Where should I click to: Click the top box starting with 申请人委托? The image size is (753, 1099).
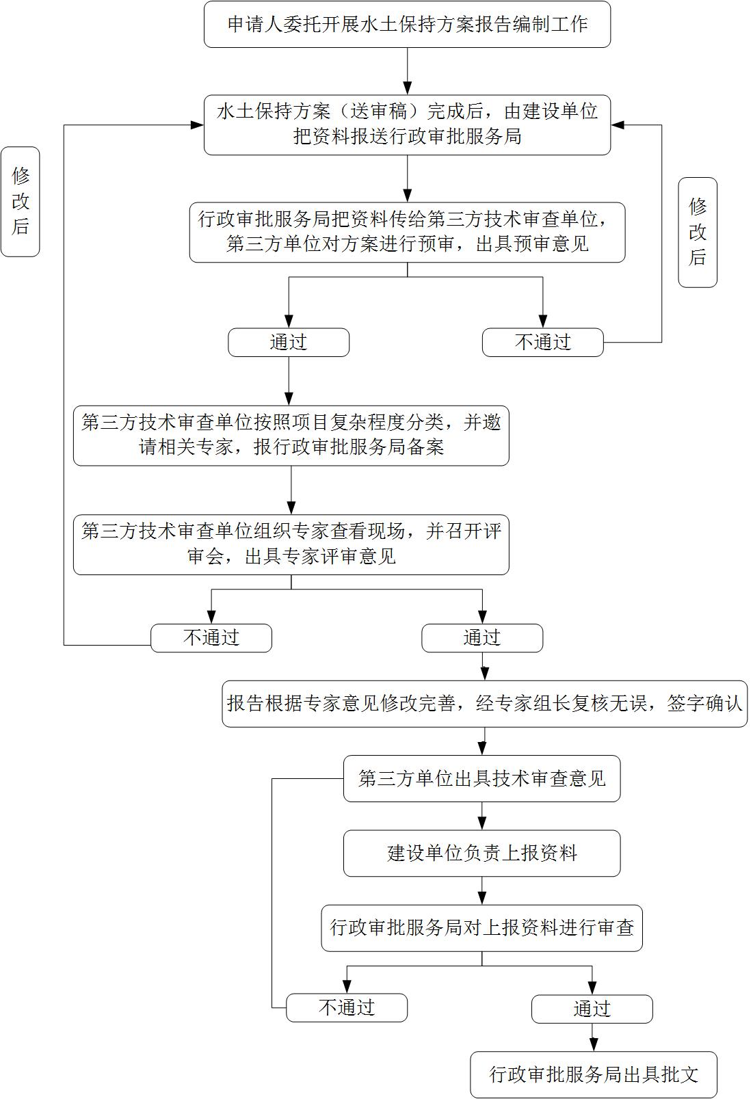coord(407,25)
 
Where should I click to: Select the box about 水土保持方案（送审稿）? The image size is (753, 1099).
coord(407,124)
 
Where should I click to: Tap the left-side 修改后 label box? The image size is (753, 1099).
coord(21,201)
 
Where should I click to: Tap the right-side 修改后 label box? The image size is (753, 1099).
coord(697,232)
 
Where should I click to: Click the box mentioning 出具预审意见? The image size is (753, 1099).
coord(407,233)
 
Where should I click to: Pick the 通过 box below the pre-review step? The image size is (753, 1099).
coord(289,343)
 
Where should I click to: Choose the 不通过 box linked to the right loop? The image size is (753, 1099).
coord(542,343)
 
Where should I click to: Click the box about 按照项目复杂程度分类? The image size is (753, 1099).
coord(291,435)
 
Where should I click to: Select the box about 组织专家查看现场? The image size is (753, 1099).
coord(291,544)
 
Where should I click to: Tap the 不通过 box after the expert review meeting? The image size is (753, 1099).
coord(211,638)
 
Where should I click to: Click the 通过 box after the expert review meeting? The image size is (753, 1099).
coord(482,638)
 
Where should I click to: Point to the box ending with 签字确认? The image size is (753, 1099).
coord(484,704)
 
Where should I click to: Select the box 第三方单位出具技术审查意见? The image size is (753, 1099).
coord(481,778)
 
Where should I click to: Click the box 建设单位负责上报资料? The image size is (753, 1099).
coord(481,853)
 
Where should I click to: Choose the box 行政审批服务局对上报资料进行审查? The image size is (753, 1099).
coord(481,928)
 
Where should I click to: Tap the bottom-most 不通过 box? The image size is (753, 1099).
coord(347,1008)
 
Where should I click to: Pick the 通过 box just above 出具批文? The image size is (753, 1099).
coord(592,1009)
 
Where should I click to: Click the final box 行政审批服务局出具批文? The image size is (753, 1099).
coord(594,1074)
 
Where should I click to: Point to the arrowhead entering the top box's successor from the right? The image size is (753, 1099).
coord(618,125)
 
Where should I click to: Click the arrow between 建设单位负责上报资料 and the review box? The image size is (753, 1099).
coord(482,892)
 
